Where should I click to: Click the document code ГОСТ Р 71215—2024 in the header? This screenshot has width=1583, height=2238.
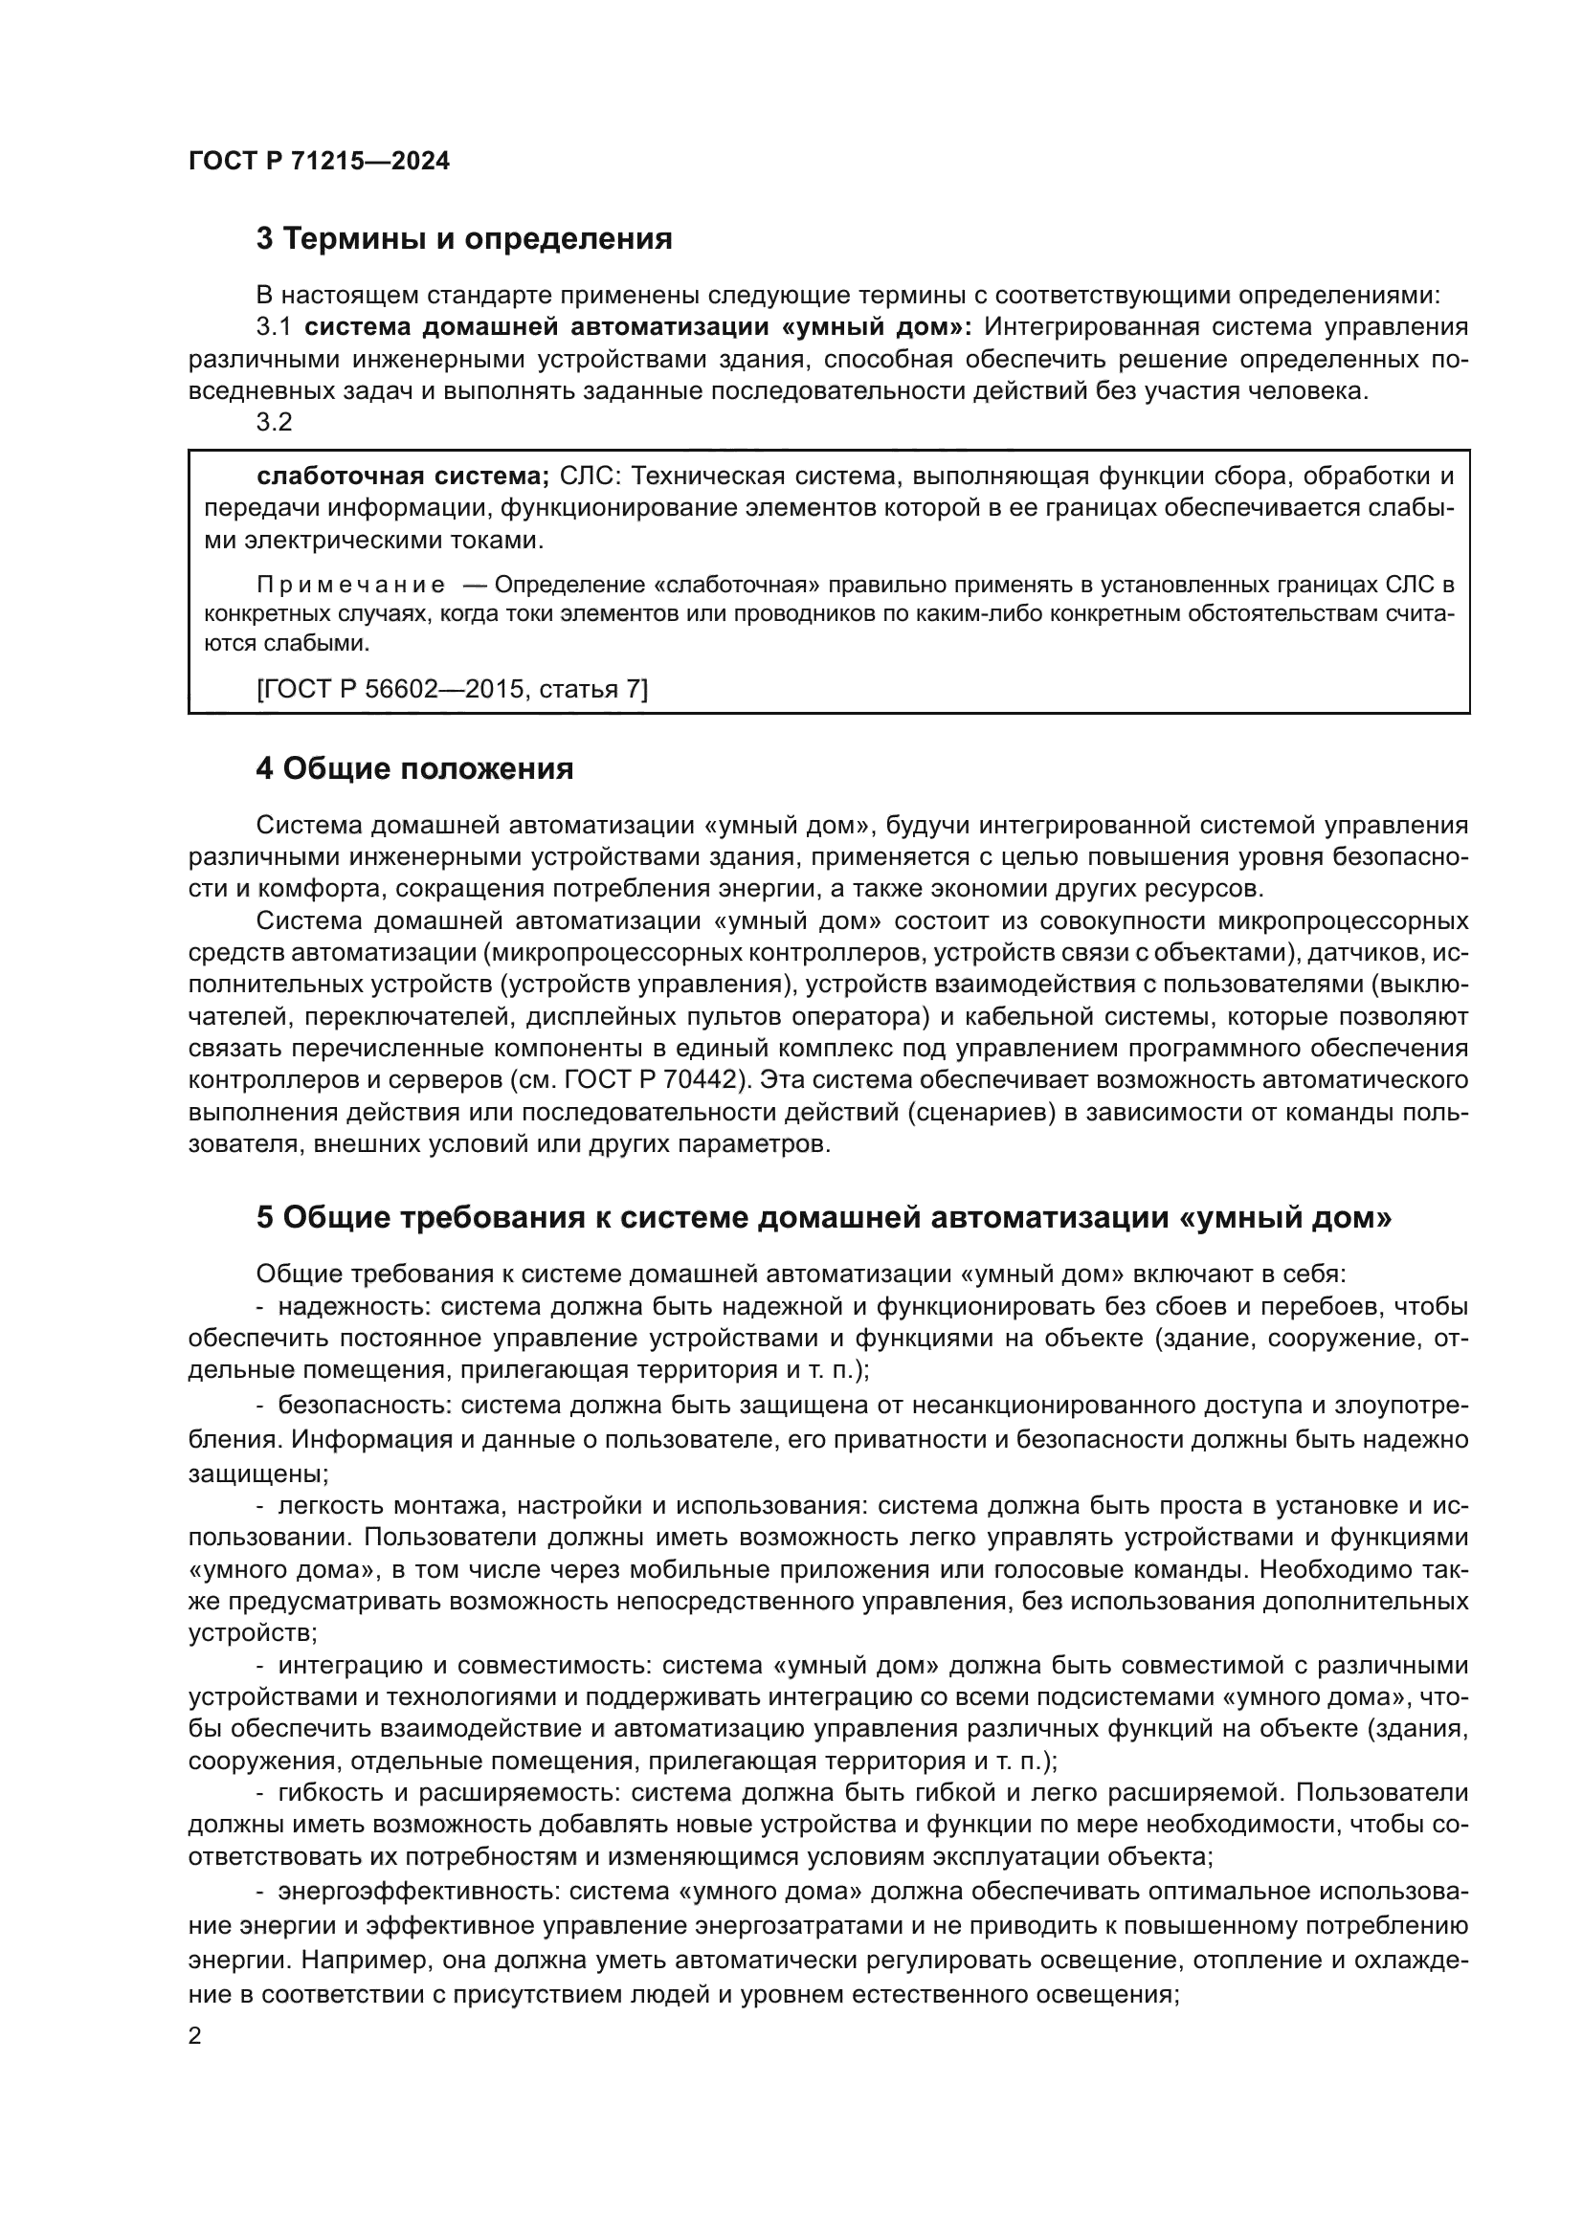click(x=319, y=162)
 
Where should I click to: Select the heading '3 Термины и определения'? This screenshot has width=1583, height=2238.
click(x=464, y=239)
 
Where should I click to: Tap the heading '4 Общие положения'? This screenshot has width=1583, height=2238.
click(x=414, y=769)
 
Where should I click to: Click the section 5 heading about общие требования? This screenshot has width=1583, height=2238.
click(x=824, y=1217)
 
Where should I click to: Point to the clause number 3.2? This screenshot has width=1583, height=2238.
click(x=274, y=422)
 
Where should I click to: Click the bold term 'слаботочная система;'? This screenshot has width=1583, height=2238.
click(x=403, y=476)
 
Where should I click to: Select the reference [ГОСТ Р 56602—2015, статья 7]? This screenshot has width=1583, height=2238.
click(x=453, y=689)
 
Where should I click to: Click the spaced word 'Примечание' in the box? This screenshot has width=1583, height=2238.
click(x=351, y=585)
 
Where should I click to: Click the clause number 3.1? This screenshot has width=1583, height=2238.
click(x=274, y=326)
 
